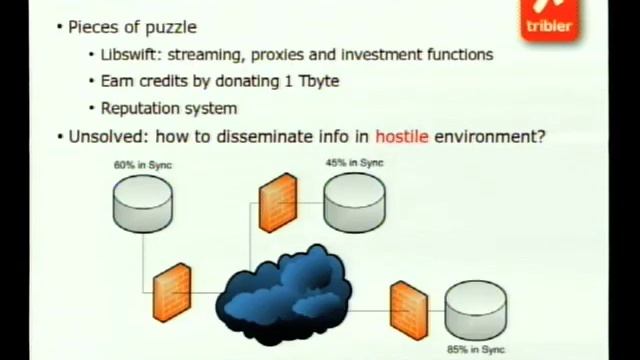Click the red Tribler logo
coord(550,20)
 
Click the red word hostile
coord(402,137)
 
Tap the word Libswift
coord(128,55)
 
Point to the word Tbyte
coord(319,81)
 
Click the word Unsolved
coord(105,137)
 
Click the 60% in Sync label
coord(143,165)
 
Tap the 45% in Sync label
coord(354,163)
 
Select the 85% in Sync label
coord(476,349)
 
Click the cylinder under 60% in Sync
coord(143,204)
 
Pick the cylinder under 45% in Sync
coord(354,202)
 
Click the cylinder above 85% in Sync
coord(476,310)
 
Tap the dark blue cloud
coord(284,295)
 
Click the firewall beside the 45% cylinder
coord(278,203)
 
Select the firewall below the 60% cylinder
coord(172,293)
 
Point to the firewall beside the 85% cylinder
coord(409,311)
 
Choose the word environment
coord(490,137)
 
